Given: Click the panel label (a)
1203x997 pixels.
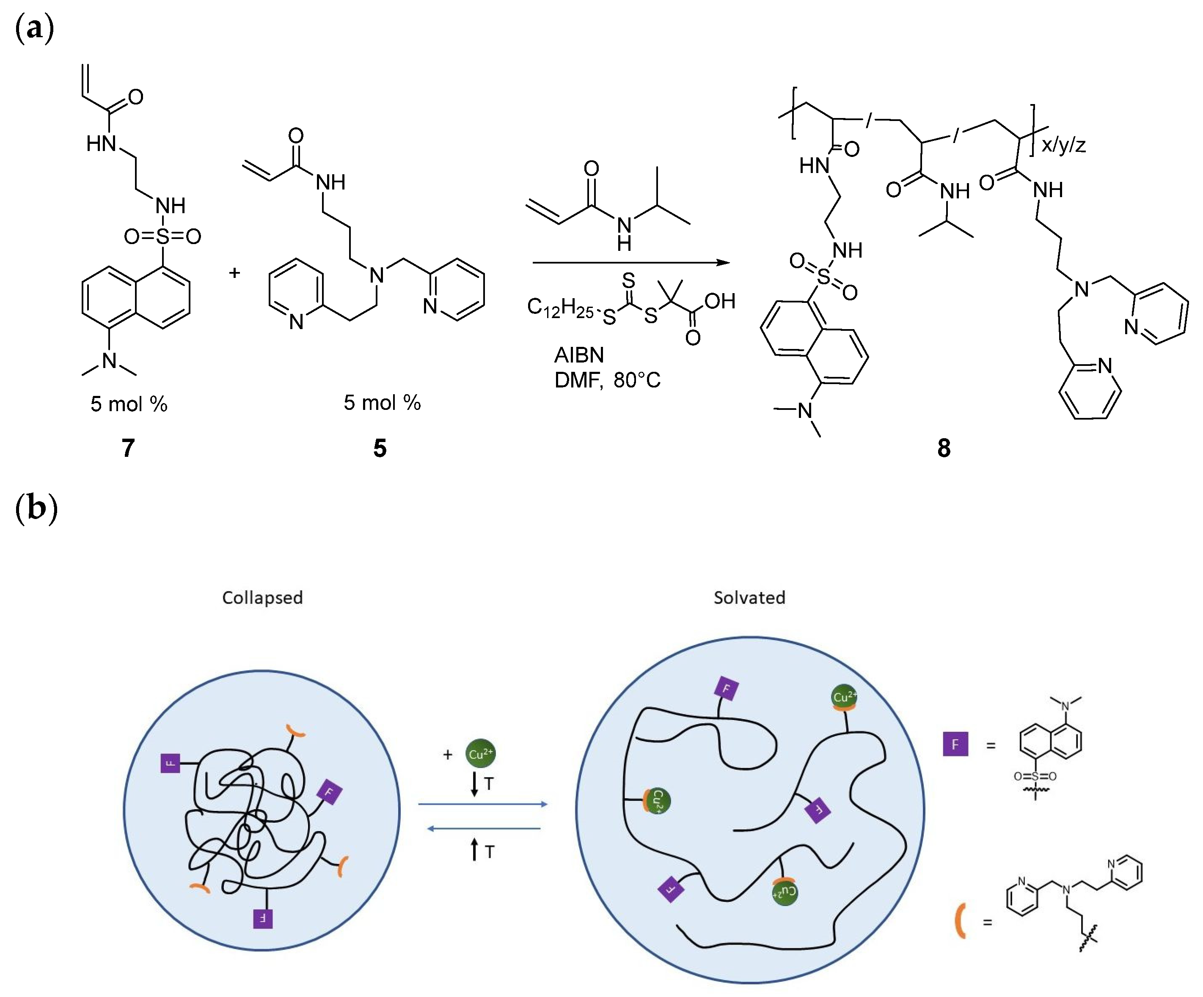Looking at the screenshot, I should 34,28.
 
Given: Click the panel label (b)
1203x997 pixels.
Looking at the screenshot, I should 36,508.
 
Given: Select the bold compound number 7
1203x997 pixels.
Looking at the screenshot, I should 128,448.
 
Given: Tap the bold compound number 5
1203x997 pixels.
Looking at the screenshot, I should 380,448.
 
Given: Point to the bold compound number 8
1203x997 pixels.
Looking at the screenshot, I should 944,448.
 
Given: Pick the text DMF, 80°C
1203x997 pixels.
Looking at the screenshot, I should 607,380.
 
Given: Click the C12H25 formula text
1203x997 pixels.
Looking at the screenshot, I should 560,308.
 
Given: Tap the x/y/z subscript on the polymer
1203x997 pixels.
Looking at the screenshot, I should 1063,145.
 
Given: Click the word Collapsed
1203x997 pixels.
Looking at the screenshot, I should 262,598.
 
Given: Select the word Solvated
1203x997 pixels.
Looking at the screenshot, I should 749,598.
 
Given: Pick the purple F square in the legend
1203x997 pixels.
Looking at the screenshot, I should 955,744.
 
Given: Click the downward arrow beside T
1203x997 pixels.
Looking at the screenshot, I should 474,784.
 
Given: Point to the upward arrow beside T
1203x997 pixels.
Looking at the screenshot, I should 474,850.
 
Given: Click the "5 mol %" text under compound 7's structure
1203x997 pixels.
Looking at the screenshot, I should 129,404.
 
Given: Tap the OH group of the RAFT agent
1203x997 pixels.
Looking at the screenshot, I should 719,301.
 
